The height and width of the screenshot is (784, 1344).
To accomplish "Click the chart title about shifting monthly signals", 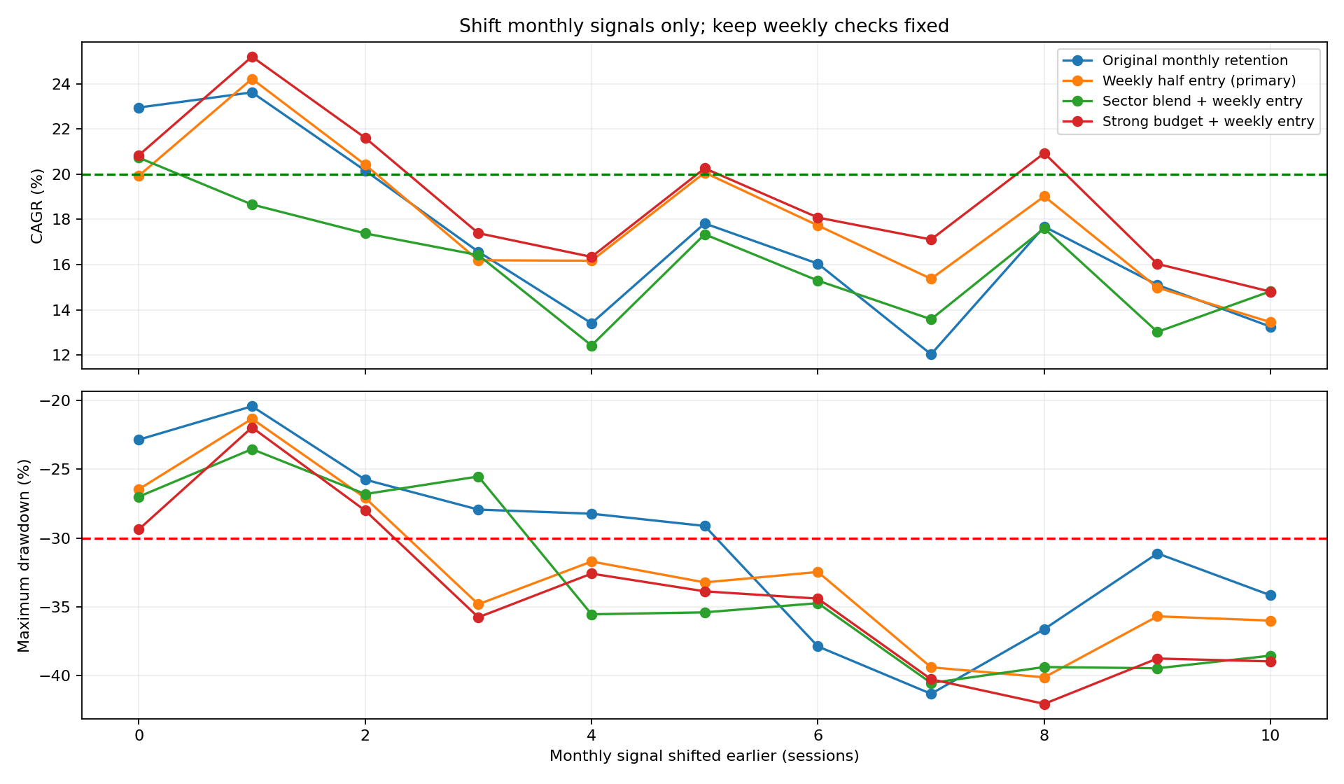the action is pyautogui.click(x=704, y=27).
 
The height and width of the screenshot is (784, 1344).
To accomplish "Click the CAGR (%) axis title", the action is pyautogui.click(x=37, y=206).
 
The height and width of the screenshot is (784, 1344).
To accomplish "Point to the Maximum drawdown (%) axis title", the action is pyautogui.click(x=24, y=555).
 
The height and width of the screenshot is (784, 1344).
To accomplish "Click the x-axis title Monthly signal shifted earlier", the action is pyautogui.click(x=704, y=756).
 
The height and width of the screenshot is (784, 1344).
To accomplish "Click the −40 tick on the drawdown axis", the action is pyautogui.click(x=58, y=676).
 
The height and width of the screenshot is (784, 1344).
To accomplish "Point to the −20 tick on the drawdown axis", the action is pyautogui.click(x=58, y=401).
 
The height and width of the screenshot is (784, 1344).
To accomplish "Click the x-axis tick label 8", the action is pyautogui.click(x=1044, y=735).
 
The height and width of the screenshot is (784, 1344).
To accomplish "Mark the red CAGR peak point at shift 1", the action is pyautogui.click(x=252, y=57).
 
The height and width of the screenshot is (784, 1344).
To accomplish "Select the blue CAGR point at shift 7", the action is pyautogui.click(x=931, y=354).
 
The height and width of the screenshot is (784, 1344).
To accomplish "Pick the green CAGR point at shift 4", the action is pyautogui.click(x=591, y=346).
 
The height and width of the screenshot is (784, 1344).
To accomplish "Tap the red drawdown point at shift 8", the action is pyautogui.click(x=1044, y=704).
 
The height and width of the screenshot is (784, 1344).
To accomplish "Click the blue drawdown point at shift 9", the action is pyautogui.click(x=1157, y=554).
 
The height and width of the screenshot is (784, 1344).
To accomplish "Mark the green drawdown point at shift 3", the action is pyautogui.click(x=478, y=477).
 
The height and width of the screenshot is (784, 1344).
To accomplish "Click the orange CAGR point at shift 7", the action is pyautogui.click(x=931, y=279).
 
